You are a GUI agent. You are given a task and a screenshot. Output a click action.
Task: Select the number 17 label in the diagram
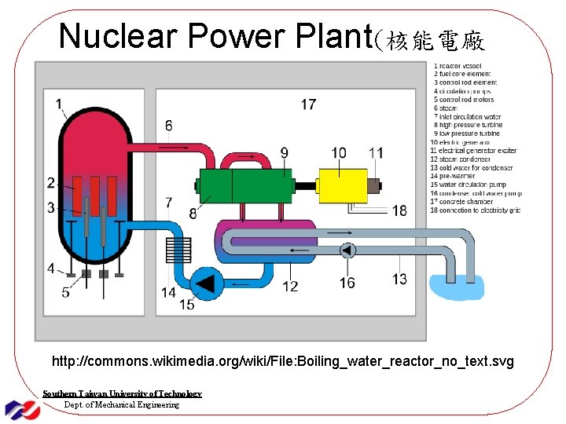(308, 104)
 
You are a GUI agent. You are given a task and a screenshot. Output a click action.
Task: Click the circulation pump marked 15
(206, 283)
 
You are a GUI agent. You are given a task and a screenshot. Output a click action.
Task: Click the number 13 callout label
(399, 279)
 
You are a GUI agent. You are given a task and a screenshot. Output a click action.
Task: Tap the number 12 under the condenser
(290, 286)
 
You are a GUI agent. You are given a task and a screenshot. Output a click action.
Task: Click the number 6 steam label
(168, 126)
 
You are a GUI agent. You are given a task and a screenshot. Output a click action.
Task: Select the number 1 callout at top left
(60, 103)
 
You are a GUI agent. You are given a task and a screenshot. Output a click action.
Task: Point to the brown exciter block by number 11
(373, 187)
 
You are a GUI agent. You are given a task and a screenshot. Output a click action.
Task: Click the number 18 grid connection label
(399, 210)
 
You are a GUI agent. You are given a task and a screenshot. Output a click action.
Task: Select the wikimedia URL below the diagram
(282, 362)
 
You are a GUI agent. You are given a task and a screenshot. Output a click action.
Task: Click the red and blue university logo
(23, 408)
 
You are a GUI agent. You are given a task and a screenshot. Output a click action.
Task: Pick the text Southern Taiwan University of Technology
(122, 393)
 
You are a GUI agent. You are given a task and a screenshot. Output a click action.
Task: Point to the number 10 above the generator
(338, 152)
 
